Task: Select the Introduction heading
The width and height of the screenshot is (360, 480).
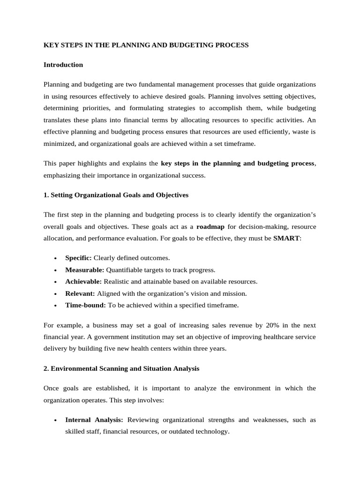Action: coord(63,65)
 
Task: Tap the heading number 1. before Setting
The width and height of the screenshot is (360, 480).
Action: coord(46,195)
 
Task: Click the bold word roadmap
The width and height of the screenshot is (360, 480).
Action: coord(210,226)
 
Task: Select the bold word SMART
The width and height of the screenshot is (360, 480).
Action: coord(286,238)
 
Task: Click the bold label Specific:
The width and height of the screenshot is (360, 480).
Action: coord(78,258)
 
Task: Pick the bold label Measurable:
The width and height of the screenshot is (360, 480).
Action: coord(84,270)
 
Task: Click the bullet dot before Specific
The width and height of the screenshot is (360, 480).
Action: coord(56,259)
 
